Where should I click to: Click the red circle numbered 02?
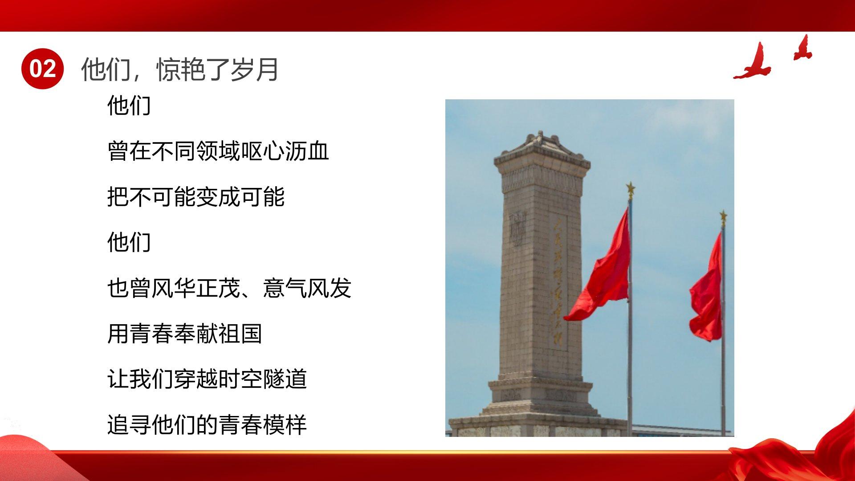tap(43, 69)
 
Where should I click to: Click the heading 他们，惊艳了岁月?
tap(180, 69)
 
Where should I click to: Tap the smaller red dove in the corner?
tap(802, 48)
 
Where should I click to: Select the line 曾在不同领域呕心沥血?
tap(218, 151)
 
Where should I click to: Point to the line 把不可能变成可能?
tap(196, 197)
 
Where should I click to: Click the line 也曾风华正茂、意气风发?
tap(229, 288)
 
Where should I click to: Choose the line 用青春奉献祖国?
tap(185, 334)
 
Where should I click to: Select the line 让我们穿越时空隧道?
tap(207, 379)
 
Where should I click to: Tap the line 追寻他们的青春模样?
tap(207, 424)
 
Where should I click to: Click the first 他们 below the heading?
tap(129, 106)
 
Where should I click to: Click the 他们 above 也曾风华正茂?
tap(129, 242)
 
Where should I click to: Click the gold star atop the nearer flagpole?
tap(631, 189)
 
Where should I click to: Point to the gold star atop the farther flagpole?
tap(723, 218)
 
